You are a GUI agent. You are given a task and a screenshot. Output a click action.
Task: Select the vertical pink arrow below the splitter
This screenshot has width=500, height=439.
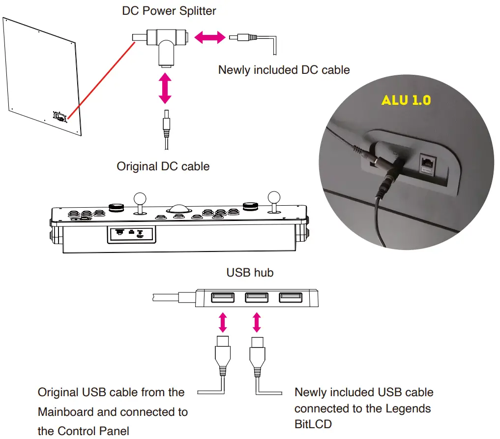pyautogui.click(x=165, y=88)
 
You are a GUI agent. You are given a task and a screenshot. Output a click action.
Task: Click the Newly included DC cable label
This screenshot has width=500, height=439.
pyautogui.click(x=284, y=70)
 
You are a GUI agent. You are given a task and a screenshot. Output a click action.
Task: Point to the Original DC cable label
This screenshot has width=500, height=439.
pyautogui.click(x=163, y=166)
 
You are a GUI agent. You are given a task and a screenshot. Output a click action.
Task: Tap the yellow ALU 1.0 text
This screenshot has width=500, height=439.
pyautogui.click(x=406, y=100)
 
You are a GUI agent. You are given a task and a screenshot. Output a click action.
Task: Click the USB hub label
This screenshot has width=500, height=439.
pyautogui.click(x=250, y=272)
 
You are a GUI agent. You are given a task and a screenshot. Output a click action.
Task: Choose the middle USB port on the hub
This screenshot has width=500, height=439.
pyautogui.click(x=256, y=298)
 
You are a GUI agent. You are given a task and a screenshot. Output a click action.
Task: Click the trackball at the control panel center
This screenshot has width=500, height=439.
pyautogui.click(x=178, y=209)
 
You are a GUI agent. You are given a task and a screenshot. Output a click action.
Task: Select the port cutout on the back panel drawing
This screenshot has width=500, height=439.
pyautogui.click(x=60, y=117)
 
